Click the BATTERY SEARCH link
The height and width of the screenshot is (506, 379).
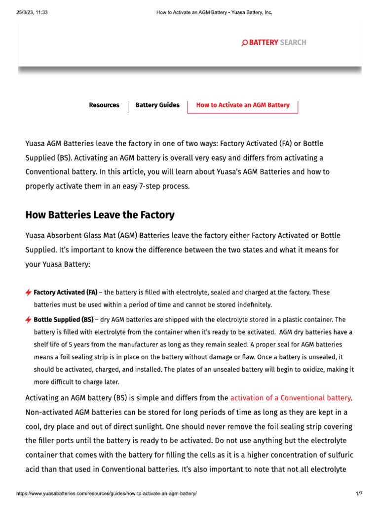click(x=277, y=42)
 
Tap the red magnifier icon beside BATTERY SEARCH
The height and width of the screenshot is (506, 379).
click(x=244, y=43)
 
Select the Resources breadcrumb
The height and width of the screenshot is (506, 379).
click(x=104, y=105)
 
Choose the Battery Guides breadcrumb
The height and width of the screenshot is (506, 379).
click(x=157, y=105)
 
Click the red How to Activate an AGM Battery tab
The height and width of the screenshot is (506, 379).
click(x=243, y=105)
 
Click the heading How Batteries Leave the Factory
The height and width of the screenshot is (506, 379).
click(x=100, y=215)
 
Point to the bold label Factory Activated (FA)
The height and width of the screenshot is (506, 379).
click(x=65, y=292)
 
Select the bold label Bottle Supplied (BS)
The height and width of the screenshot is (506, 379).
click(x=63, y=319)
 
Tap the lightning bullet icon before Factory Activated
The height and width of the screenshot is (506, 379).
click(x=29, y=293)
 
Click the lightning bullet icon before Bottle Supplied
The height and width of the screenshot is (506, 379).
click(x=29, y=320)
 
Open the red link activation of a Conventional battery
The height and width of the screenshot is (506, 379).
click(x=290, y=397)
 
